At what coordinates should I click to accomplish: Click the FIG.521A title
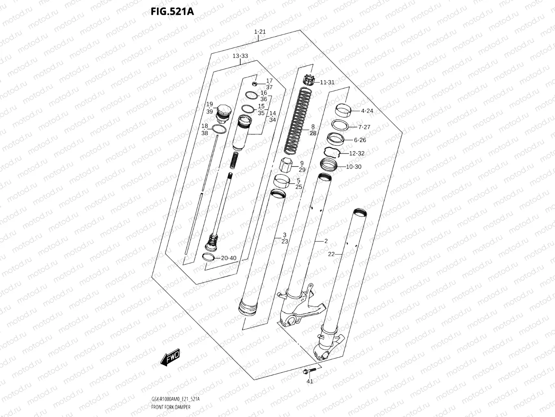pos(172,11)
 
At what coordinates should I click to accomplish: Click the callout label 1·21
pos(259,32)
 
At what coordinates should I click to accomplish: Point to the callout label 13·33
pos(240,56)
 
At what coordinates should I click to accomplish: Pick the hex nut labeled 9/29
pos(286,165)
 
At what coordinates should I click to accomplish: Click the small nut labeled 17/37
pos(255,84)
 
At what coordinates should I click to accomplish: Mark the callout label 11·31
pos(327,82)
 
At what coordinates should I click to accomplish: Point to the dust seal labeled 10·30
pos(329,166)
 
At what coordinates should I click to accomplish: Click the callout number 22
pos(331,254)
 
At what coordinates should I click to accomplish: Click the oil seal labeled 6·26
pos(336,139)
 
